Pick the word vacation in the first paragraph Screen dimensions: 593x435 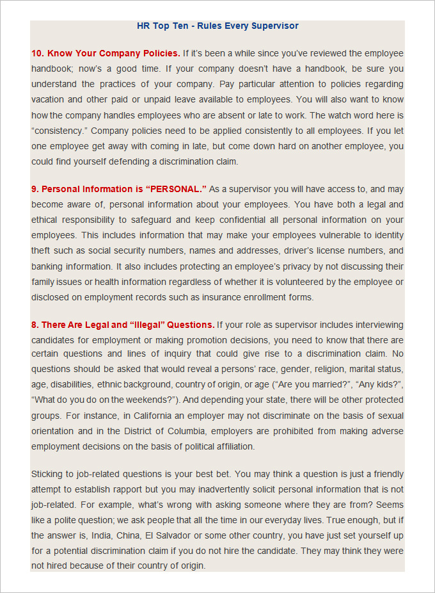48,99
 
